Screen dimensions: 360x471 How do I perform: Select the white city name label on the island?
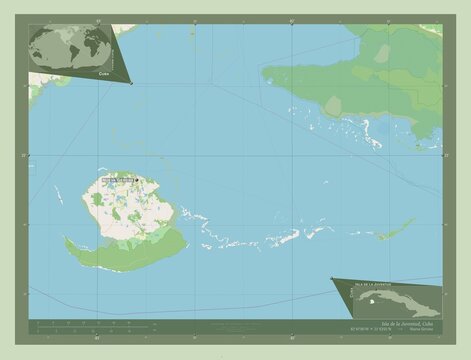point(115,181)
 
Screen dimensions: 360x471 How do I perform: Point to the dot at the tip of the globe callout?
point(131,84)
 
